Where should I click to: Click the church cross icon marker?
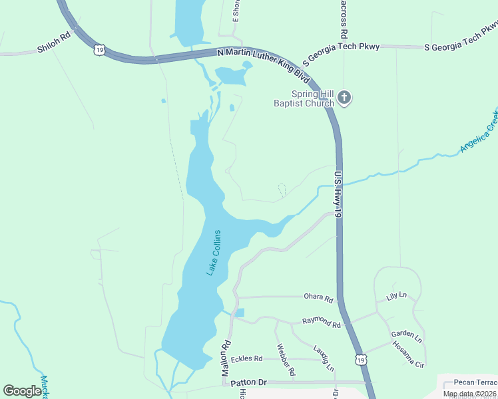344,98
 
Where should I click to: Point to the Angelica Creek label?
479,130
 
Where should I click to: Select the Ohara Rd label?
318,299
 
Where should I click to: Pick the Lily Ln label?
397,296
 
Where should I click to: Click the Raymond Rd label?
322,324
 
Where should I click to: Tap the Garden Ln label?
407,336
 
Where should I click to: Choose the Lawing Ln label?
324,358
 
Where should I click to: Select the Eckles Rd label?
247,359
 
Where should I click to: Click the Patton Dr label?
248,382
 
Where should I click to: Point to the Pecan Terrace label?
475,382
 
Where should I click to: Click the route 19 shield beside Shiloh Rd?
99,49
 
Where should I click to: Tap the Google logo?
22,391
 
